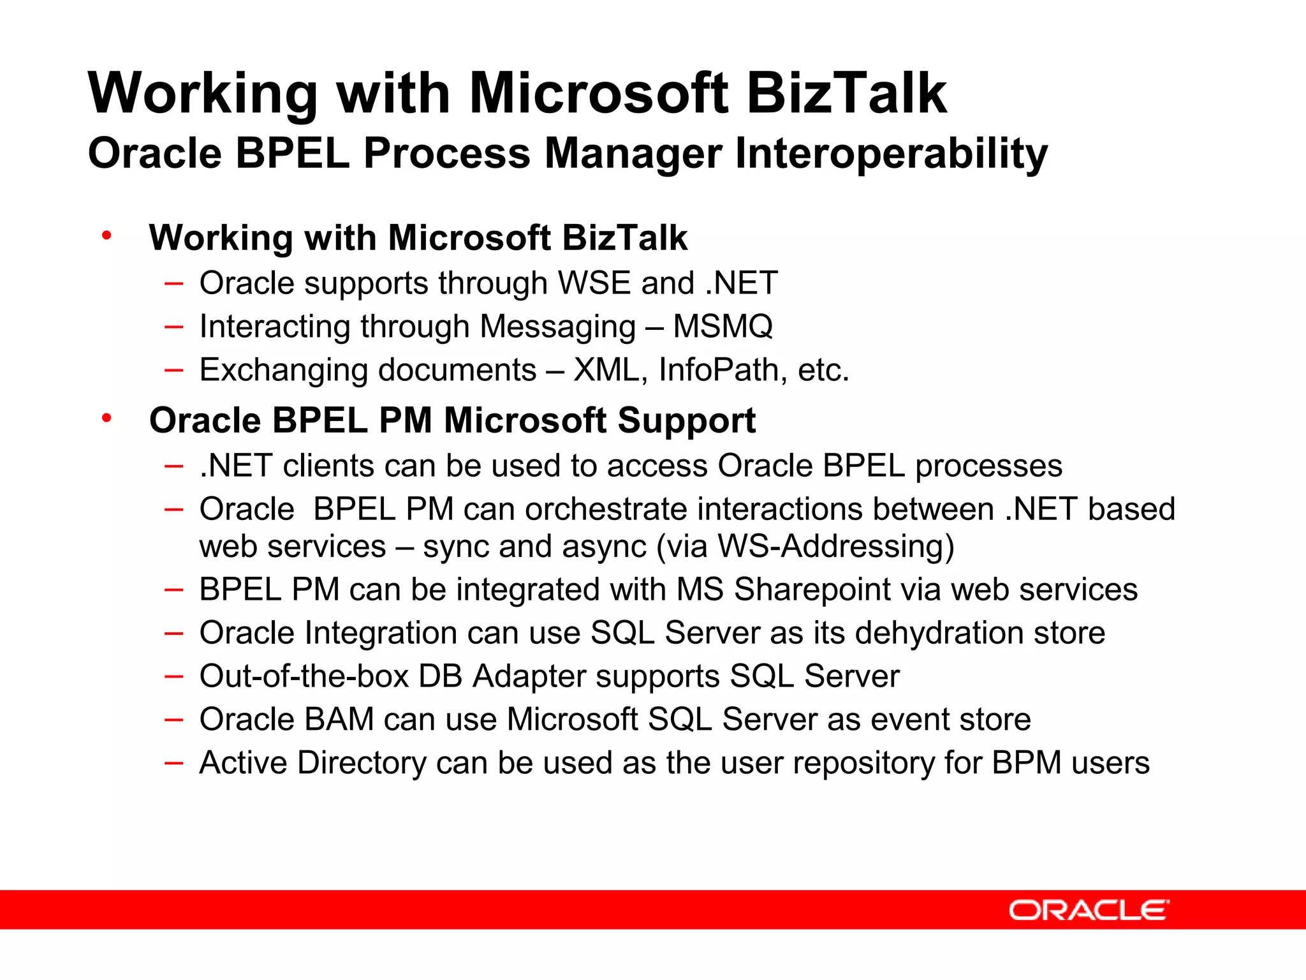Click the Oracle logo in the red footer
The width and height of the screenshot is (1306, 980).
click(1089, 910)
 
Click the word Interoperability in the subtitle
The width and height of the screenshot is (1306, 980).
click(891, 154)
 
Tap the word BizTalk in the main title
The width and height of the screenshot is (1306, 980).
click(846, 93)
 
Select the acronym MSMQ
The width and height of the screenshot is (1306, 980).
click(723, 326)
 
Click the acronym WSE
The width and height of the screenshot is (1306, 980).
click(594, 283)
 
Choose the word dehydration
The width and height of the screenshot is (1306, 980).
click(939, 633)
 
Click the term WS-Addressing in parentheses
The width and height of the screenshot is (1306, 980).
click(830, 547)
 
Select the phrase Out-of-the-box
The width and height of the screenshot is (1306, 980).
click(304, 676)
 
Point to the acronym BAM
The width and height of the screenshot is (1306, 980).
click(339, 720)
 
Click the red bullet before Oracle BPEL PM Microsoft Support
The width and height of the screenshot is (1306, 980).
click(106, 419)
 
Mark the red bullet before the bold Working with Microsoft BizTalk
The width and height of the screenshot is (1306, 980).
click(106, 236)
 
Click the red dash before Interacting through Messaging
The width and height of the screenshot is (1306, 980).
click(173, 327)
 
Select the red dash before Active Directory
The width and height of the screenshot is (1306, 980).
click(173, 763)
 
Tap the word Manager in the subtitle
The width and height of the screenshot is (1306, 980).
click(633, 154)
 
